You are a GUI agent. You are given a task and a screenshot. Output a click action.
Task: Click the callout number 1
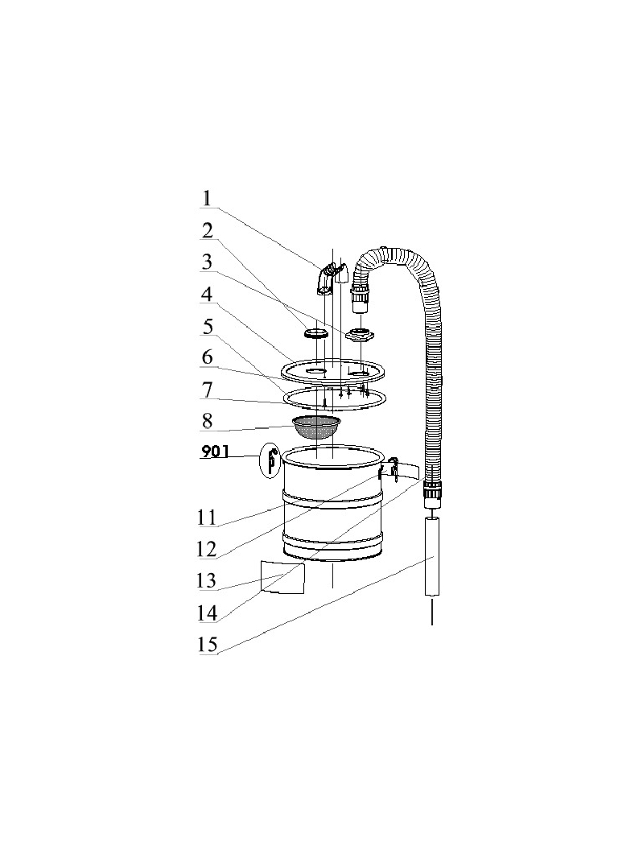[206, 198]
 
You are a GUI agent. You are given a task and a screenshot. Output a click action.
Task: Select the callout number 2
[207, 230]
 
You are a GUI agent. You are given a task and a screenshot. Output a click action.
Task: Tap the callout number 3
[207, 262]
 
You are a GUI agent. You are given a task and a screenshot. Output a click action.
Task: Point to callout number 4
[207, 294]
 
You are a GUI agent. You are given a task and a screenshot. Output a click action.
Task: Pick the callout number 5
[208, 326]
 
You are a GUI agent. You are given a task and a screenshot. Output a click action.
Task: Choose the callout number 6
[207, 357]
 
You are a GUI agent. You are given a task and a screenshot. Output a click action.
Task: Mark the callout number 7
[207, 390]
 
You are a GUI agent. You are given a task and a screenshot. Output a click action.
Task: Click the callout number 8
[207, 421]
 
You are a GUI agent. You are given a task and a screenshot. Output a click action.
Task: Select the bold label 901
[215, 452]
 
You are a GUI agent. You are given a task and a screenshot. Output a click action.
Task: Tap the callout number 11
[207, 517]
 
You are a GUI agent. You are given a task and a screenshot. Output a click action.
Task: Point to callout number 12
[207, 549]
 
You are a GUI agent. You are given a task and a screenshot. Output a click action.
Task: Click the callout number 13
[207, 580]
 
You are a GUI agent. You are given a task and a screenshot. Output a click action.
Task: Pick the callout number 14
[208, 613]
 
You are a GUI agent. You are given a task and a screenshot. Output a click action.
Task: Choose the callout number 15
[208, 645]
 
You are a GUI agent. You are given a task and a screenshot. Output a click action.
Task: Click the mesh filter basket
[317, 427]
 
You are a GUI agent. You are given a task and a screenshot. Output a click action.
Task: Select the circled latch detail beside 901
[270, 460]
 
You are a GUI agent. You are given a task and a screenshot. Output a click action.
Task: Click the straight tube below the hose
[432, 558]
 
